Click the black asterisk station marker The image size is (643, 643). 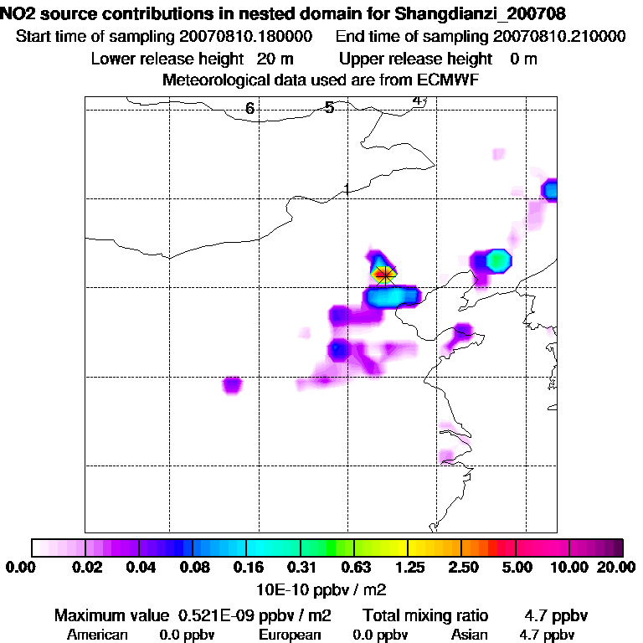(384, 273)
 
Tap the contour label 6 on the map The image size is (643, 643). (249, 109)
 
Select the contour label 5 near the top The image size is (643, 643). (330, 107)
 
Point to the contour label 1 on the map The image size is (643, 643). (346, 189)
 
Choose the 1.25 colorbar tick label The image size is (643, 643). (407, 568)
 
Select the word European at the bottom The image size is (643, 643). (290, 635)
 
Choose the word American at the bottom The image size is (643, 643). (97, 635)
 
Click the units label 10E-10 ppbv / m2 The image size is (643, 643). (322, 586)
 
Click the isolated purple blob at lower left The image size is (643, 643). (232, 385)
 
